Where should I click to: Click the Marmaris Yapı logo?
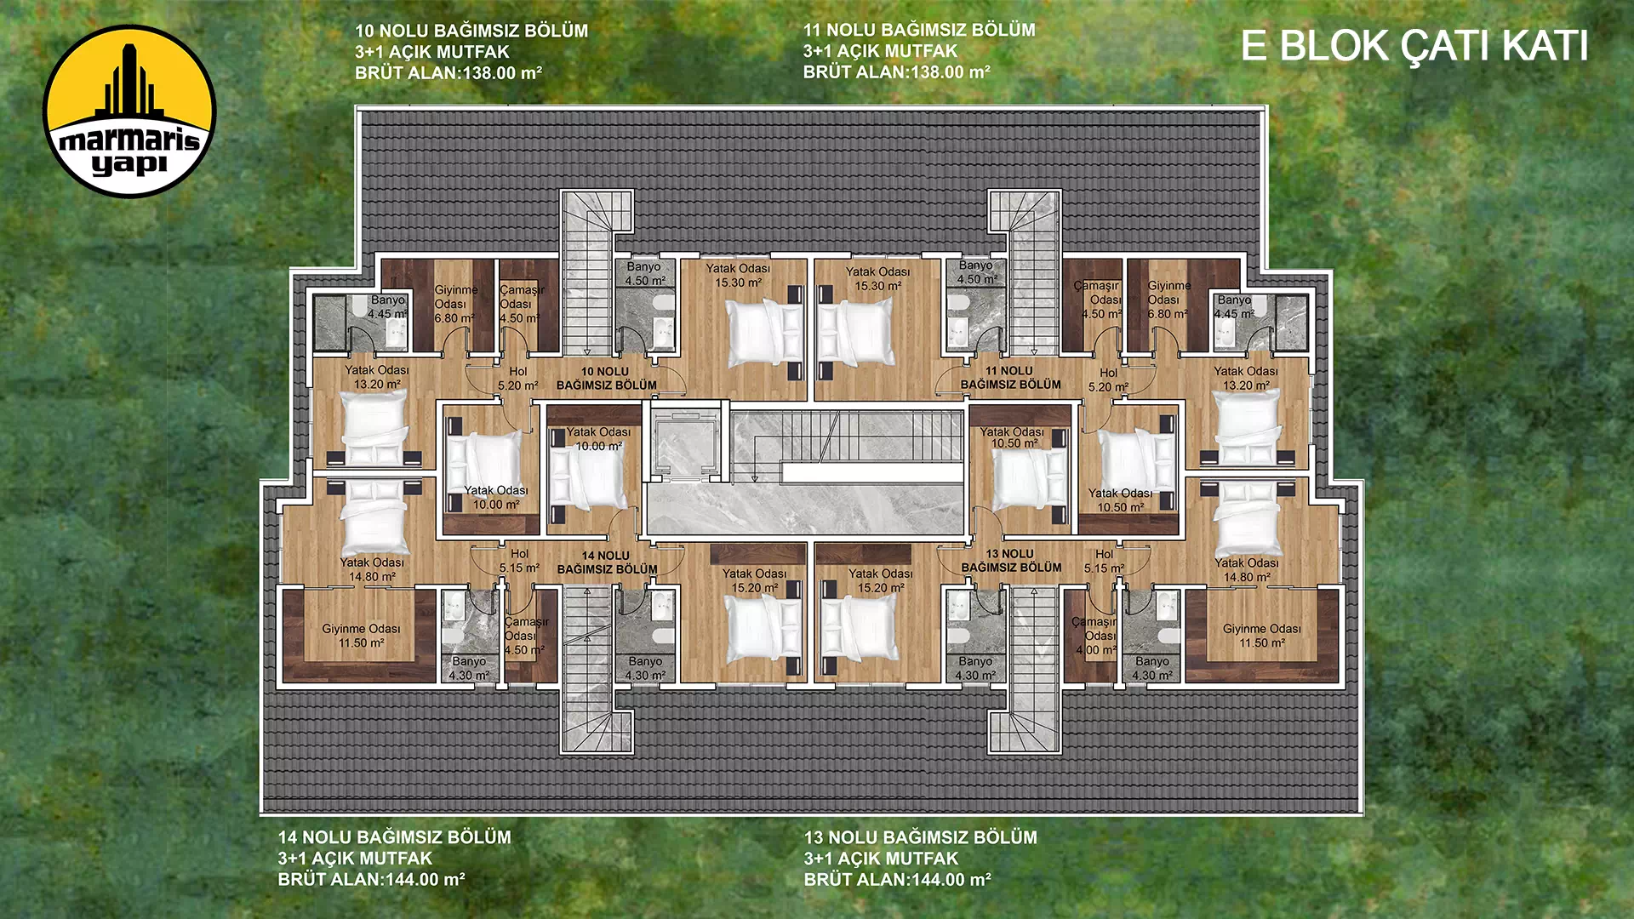pyautogui.click(x=129, y=111)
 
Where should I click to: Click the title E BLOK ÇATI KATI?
pyautogui.click(x=1414, y=46)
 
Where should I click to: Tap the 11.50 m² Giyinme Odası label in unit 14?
pyautogui.click(x=361, y=636)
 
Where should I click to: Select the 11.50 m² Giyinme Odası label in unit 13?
pyautogui.click(x=1262, y=636)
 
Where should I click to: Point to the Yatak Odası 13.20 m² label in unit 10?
pyautogui.click(x=377, y=377)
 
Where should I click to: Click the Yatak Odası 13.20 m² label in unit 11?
pyautogui.click(x=1245, y=378)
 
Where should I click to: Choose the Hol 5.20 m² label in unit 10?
pyautogui.click(x=518, y=379)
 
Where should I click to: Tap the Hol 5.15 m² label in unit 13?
pyautogui.click(x=1104, y=561)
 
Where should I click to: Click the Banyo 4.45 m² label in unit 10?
pyautogui.click(x=387, y=307)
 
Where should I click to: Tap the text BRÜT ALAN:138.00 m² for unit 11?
pyautogui.click(x=897, y=72)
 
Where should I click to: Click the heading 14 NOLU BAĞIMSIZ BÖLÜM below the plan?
pyautogui.click(x=395, y=837)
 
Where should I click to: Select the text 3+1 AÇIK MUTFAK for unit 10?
pyautogui.click(x=432, y=52)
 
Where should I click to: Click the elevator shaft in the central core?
pyautogui.click(x=687, y=442)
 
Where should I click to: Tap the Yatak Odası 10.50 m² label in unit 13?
pyautogui.click(x=1120, y=500)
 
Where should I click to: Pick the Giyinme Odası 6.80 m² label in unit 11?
pyautogui.click(x=1168, y=300)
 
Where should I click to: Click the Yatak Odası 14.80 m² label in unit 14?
pyautogui.click(x=372, y=569)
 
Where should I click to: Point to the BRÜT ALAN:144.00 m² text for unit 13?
pyautogui.click(x=898, y=880)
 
